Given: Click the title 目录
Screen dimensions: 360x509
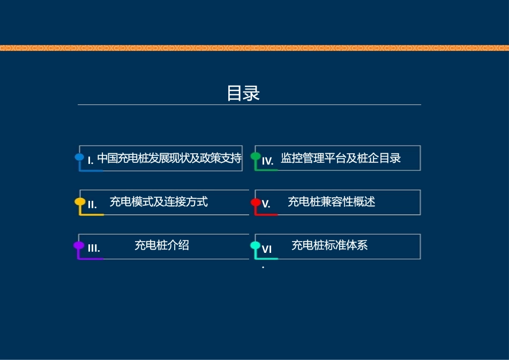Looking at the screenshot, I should click(243, 93).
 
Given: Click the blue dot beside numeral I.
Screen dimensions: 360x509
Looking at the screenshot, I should click(79, 157).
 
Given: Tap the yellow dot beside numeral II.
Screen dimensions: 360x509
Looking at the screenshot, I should click(79, 202).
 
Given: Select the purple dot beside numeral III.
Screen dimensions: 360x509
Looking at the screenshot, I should click(79, 246).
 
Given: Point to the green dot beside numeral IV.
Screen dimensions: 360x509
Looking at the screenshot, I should click(256, 156).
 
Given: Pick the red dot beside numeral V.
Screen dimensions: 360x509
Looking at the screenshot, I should click(256, 202).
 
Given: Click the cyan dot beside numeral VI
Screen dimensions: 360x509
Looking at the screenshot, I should click(256, 246).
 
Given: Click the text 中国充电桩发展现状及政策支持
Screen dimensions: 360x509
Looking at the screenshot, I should click(169, 158).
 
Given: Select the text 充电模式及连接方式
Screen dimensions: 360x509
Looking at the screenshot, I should click(159, 202).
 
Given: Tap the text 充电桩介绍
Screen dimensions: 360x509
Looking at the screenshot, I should click(161, 245).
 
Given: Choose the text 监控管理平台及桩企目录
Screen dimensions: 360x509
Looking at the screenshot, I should click(341, 158).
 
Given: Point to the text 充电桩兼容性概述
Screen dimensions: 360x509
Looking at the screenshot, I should click(331, 202).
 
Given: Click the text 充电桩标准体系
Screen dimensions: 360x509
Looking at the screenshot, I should click(330, 245).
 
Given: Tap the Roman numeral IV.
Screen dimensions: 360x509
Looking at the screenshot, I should click(268, 160).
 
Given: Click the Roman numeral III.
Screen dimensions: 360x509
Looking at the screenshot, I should click(94, 248).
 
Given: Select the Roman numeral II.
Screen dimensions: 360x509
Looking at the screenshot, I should click(92, 204).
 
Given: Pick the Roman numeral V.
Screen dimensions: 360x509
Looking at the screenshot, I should click(266, 204).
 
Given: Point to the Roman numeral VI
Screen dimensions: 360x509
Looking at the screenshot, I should click(267, 249).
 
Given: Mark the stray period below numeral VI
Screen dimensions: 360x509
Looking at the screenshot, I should click(263, 267).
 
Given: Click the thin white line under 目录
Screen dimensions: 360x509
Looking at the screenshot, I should click(249, 104).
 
